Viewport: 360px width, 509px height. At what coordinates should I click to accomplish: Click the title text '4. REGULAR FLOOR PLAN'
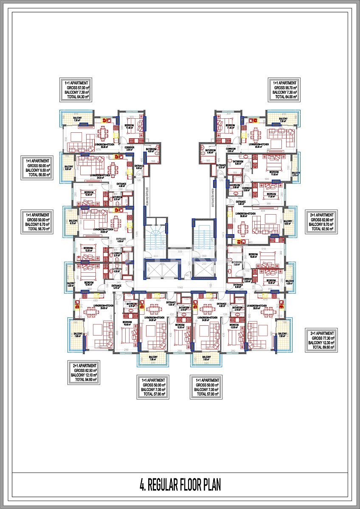(180, 484)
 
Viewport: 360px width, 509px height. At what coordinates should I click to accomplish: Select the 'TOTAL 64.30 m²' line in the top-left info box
(75, 97)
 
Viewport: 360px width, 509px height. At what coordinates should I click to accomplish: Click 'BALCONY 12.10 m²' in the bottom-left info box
(84, 375)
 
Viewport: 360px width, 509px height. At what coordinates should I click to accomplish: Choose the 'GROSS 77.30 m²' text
(322, 338)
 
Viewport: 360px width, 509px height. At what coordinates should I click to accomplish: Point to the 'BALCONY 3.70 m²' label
(295, 174)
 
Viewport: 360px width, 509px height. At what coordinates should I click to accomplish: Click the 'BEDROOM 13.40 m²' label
(88, 284)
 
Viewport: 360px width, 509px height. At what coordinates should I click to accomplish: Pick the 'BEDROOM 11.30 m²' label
(271, 195)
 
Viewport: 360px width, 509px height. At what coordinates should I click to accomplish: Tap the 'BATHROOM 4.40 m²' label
(210, 151)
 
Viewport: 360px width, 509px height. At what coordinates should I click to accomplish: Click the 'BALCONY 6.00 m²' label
(287, 223)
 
